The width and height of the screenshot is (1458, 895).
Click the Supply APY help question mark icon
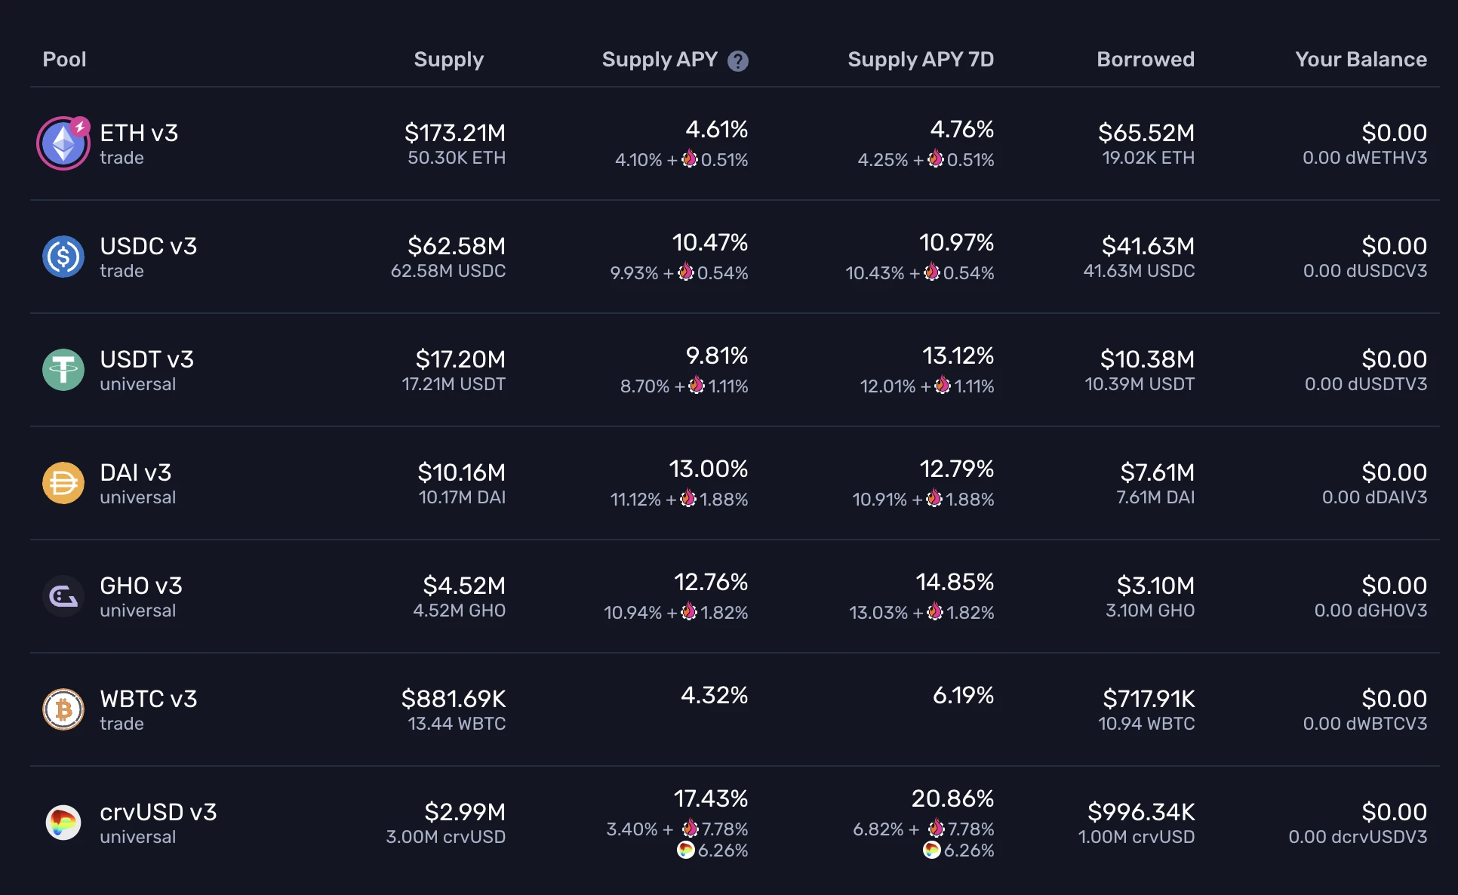[x=737, y=61]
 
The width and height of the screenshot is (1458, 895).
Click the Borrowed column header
[x=1145, y=60]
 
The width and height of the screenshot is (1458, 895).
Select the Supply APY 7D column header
[x=920, y=60]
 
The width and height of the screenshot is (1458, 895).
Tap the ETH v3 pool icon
[x=63, y=143]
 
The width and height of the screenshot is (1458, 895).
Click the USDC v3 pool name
[x=148, y=246]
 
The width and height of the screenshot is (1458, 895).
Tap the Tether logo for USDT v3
[x=63, y=370]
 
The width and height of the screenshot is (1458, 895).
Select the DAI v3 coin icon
[x=63, y=483]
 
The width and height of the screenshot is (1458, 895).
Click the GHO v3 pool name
[x=141, y=586]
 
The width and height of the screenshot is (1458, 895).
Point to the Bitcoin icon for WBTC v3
[x=63, y=709]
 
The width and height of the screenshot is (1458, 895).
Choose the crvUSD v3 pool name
[x=158, y=812]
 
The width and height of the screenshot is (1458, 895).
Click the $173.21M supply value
[x=454, y=133]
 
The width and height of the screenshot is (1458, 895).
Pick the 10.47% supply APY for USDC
[x=709, y=242]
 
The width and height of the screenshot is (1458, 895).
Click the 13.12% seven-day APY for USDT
[x=957, y=355]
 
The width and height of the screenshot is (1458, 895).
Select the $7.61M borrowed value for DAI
[x=1157, y=472]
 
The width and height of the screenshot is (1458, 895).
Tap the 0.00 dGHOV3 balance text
[x=1370, y=611]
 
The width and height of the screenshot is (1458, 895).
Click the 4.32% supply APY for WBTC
[x=714, y=695]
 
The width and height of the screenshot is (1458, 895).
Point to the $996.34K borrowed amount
[x=1140, y=812]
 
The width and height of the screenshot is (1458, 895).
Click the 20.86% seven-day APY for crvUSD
[x=952, y=798]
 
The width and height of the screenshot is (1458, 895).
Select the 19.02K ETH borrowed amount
[x=1148, y=158]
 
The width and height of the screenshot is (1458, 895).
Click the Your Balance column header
[x=1360, y=60]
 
